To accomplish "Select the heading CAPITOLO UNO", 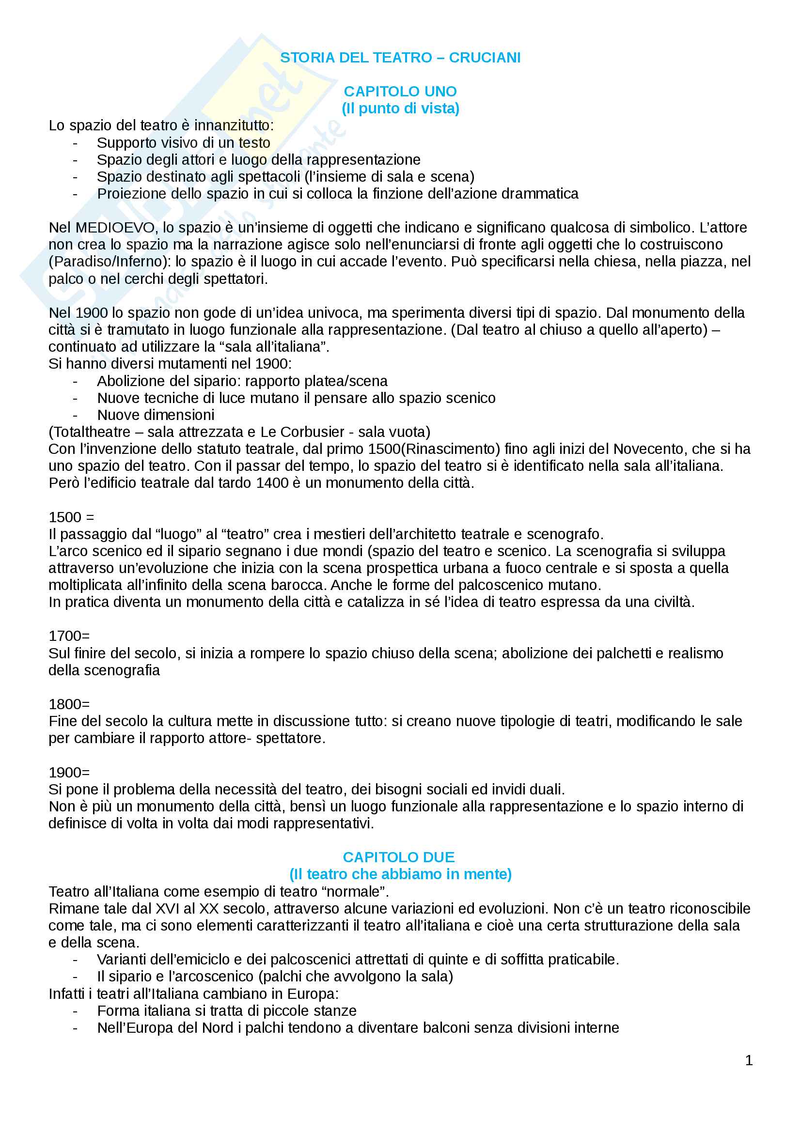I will coord(400,91).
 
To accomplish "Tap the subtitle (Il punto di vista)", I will coord(400,109).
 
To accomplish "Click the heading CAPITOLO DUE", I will coord(399,857).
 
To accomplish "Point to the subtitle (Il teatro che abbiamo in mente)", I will coord(400,874).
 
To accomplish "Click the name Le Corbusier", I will coord(302,432).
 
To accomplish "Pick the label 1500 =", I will coord(71,517).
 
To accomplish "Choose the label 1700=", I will coord(69,636).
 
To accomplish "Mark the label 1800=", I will coord(69,704).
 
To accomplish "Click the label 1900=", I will coord(69,772).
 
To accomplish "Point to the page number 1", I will coord(749,1060).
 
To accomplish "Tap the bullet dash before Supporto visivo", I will coord(75,143).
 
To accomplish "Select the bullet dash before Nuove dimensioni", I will coord(75,415).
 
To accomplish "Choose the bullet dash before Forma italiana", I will coord(75,1011).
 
